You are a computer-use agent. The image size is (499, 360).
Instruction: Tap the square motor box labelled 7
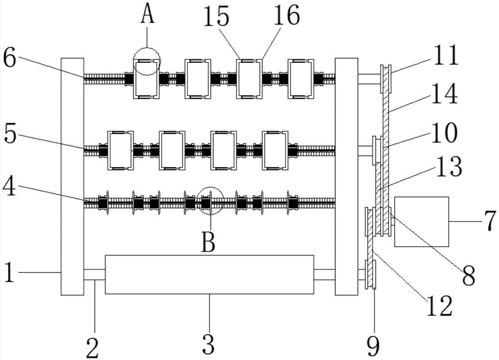tap(421, 221)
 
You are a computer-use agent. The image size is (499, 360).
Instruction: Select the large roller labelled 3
tap(210, 274)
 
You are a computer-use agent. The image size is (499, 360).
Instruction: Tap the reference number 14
tap(447, 95)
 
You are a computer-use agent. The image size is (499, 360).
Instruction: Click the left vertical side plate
tap(72, 176)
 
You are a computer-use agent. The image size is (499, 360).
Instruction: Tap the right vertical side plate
tap(346, 176)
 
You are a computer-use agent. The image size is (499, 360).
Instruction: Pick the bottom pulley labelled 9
tap(371, 274)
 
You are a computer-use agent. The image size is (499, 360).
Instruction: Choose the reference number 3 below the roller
tap(209, 344)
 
